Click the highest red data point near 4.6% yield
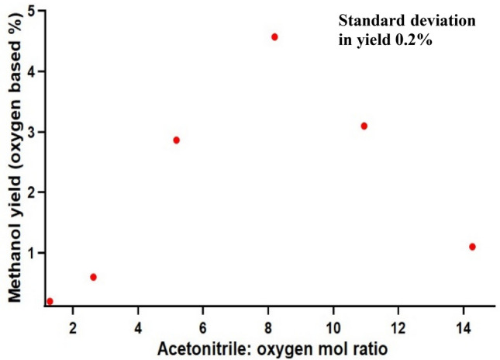coord(274,36)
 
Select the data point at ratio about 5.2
coord(177,140)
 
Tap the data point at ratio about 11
coord(364,126)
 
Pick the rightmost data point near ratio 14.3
coord(472,247)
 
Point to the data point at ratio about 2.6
coord(93,277)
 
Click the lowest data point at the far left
coord(50,301)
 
